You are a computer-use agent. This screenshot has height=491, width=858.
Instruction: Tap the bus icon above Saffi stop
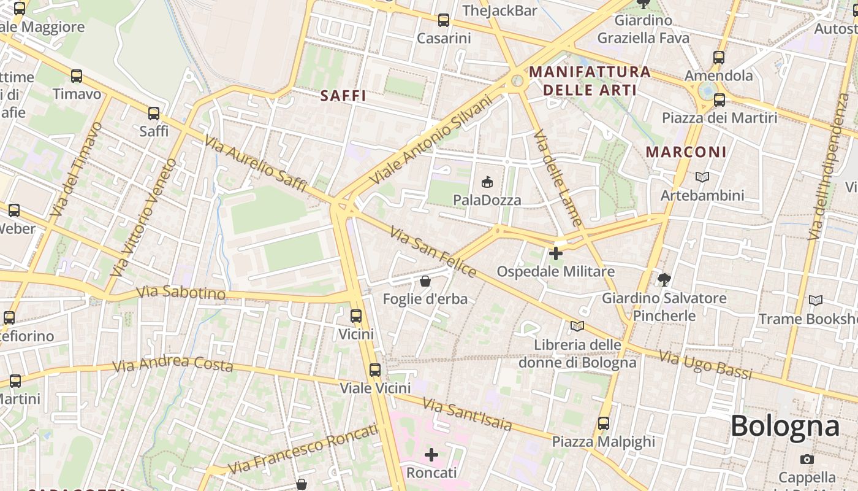click(154, 114)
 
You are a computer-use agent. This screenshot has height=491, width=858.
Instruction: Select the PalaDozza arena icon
click(487, 182)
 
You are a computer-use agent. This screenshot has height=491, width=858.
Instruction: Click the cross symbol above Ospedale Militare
click(556, 253)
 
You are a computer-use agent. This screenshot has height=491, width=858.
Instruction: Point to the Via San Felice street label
click(433, 252)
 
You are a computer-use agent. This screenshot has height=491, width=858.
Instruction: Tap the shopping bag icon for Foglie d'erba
click(425, 281)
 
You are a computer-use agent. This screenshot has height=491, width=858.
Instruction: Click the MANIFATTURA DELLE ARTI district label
click(590, 81)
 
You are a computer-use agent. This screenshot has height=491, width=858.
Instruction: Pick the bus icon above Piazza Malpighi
click(604, 423)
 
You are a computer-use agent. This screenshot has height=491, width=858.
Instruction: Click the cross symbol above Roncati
click(432, 455)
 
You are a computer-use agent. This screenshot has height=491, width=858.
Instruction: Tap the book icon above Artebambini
click(702, 177)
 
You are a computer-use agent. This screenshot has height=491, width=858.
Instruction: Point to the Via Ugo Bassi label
click(705, 365)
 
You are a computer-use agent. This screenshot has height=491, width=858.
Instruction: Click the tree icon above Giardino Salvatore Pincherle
click(664, 280)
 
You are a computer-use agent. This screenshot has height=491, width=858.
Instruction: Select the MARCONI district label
click(686, 152)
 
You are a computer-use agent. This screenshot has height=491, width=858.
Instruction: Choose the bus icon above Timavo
click(77, 76)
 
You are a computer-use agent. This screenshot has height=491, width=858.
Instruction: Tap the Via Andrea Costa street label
click(173, 365)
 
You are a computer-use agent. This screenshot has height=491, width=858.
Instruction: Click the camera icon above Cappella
click(807, 459)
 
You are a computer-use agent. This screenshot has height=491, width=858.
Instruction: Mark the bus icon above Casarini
click(444, 20)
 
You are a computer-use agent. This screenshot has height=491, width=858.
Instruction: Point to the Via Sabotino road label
click(181, 292)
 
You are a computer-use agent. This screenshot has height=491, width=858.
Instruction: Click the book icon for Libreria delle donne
click(577, 326)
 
